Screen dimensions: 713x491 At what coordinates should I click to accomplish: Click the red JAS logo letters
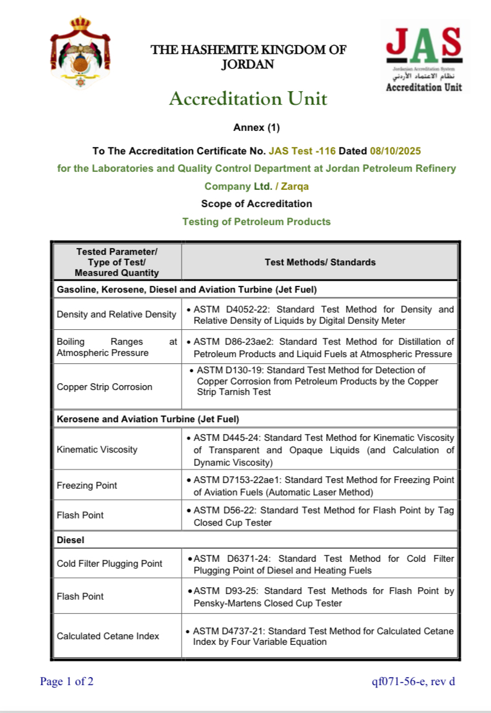click(x=424, y=43)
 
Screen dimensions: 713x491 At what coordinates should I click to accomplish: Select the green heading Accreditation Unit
click(x=248, y=99)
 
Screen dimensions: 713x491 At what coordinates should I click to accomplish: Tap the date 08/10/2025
click(x=396, y=151)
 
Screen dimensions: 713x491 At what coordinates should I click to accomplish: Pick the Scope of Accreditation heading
click(x=257, y=203)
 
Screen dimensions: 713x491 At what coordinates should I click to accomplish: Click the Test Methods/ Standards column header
click(x=320, y=262)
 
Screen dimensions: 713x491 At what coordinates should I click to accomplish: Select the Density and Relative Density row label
click(x=117, y=314)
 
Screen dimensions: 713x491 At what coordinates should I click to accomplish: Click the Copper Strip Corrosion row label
click(x=104, y=387)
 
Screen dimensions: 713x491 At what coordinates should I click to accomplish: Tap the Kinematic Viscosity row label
click(x=97, y=449)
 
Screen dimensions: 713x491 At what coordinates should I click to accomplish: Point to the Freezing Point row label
click(x=87, y=485)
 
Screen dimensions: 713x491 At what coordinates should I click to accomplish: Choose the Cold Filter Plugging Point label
click(x=109, y=564)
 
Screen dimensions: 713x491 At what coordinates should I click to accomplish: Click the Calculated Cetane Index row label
click(x=108, y=636)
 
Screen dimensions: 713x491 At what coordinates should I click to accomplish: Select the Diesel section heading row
click(x=71, y=540)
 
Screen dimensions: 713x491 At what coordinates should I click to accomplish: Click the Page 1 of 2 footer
click(x=67, y=682)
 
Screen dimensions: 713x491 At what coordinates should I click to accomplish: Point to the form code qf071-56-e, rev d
click(x=414, y=682)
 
